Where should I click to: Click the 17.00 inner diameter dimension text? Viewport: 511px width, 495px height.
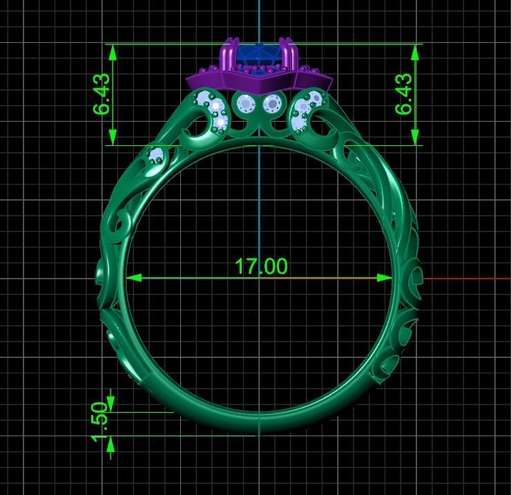coord(260,266)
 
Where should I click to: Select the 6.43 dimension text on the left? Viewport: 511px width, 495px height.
coord(101,95)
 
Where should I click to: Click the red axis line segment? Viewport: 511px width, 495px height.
coord(466,279)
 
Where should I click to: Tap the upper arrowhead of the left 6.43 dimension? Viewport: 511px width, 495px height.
coord(112,51)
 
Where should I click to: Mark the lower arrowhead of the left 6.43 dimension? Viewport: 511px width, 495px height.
coord(112,138)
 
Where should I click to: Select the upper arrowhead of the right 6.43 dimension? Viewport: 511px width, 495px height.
coord(416,51)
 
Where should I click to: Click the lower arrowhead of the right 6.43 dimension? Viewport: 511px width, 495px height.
coord(416,138)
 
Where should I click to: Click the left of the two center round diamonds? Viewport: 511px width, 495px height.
coord(246,104)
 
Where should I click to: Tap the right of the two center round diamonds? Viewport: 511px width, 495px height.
coord(273,104)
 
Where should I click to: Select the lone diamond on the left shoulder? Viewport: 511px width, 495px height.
coord(156,155)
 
